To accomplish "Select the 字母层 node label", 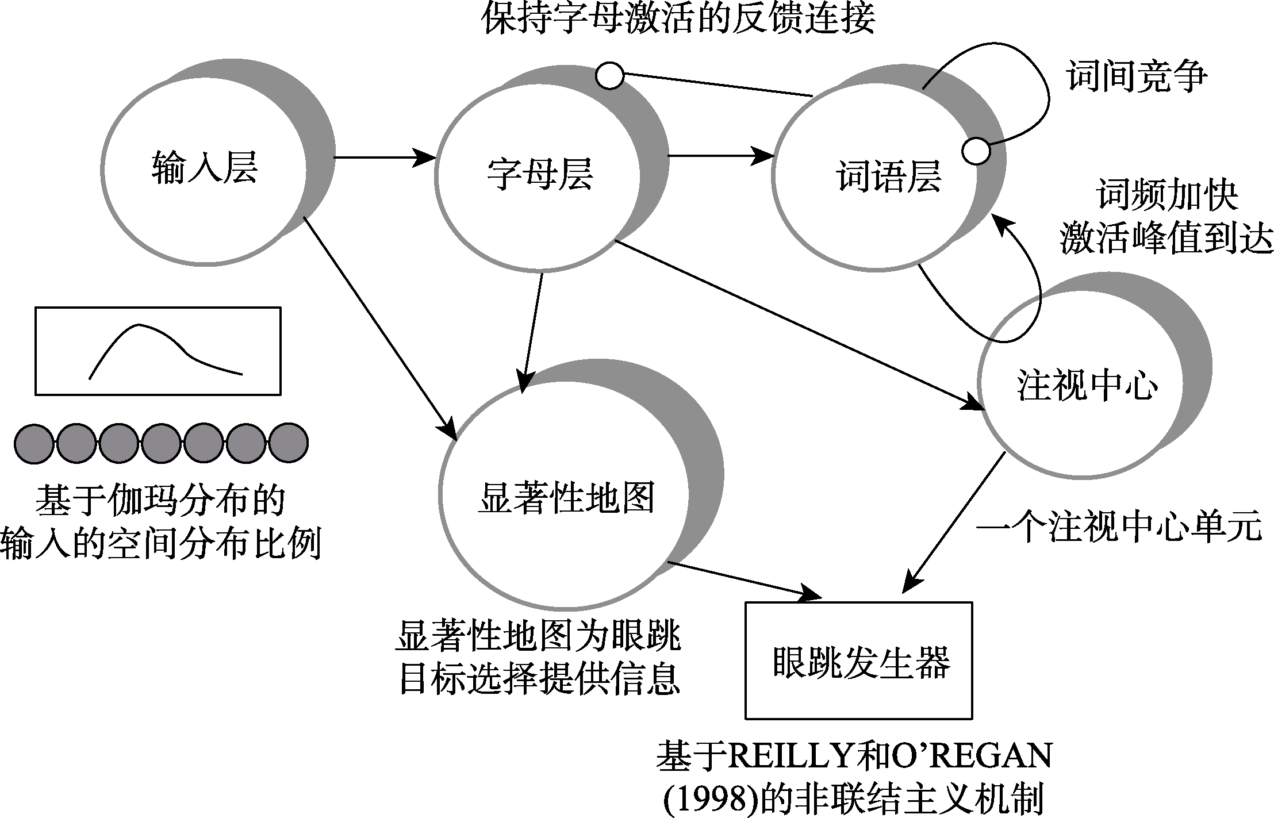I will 540,173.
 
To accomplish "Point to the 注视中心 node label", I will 1087,385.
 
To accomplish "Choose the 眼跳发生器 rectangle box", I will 858,660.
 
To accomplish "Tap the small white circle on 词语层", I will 976,151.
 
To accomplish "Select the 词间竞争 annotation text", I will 1137,76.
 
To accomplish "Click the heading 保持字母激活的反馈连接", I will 678,18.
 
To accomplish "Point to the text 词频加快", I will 1168,196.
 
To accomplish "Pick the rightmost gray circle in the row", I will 289,443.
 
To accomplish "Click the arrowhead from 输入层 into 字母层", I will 425,157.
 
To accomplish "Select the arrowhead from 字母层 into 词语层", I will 765,155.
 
